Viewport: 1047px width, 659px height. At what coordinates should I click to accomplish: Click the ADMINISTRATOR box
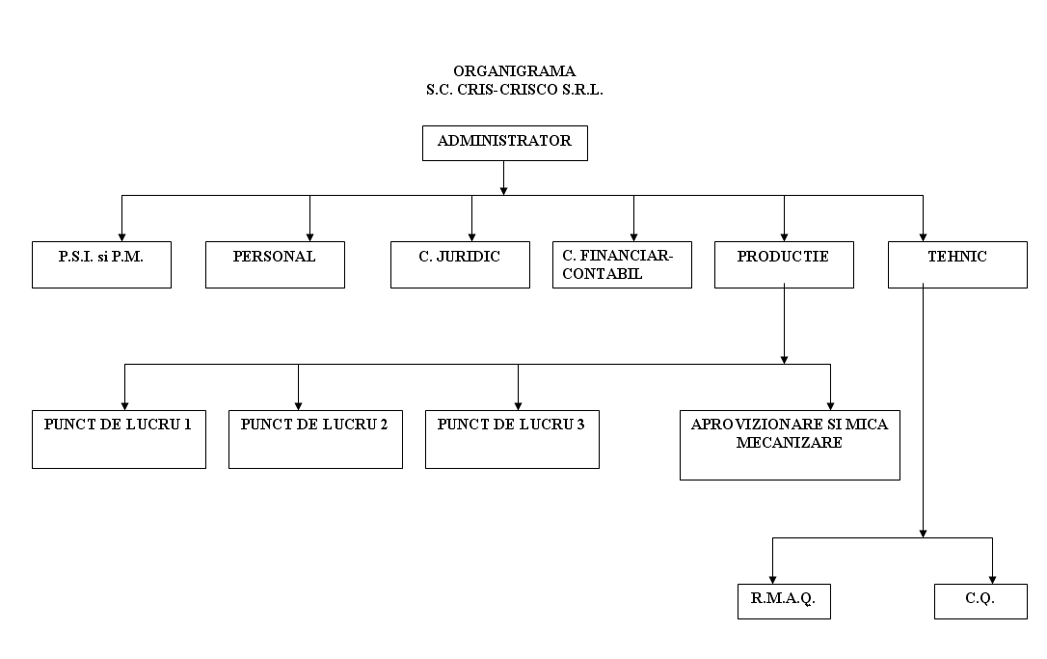pyautogui.click(x=505, y=143)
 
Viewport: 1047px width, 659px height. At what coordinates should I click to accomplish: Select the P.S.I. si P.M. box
pyautogui.click(x=101, y=264)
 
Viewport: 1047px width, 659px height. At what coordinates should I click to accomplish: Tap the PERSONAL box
pyautogui.click(x=275, y=264)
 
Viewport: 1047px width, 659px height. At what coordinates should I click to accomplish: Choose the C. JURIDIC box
pyautogui.click(x=460, y=264)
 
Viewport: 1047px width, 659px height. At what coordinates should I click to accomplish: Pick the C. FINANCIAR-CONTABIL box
pyautogui.click(x=623, y=264)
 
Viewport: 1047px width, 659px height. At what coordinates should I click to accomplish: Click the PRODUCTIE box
pyautogui.click(x=784, y=264)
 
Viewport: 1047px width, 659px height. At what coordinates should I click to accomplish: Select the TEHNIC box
pyautogui.click(x=957, y=264)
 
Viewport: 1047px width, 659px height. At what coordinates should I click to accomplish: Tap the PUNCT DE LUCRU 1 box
pyautogui.click(x=119, y=439)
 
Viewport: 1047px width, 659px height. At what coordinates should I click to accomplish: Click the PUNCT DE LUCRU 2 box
pyautogui.click(x=316, y=439)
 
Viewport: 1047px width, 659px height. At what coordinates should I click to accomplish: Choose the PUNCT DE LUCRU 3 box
pyautogui.click(x=512, y=439)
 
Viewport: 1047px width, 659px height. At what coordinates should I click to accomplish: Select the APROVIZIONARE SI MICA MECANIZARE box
pyautogui.click(x=790, y=445)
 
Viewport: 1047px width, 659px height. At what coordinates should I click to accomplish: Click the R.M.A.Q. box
pyautogui.click(x=784, y=601)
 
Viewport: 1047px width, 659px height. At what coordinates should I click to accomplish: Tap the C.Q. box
pyautogui.click(x=980, y=601)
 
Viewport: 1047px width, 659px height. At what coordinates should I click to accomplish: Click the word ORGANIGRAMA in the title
pyautogui.click(x=514, y=70)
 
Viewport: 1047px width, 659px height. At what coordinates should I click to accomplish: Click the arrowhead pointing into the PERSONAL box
pyautogui.click(x=309, y=237)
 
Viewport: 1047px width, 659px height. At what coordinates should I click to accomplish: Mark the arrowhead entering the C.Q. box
pyautogui.click(x=992, y=580)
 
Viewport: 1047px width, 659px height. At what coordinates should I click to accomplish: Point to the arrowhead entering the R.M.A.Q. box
pyautogui.click(x=772, y=580)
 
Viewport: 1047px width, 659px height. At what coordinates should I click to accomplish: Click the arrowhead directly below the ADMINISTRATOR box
pyautogui.click(x=503, y=191)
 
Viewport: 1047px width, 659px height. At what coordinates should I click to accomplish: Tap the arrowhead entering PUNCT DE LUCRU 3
pyautogui.click(x=518, y=405)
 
